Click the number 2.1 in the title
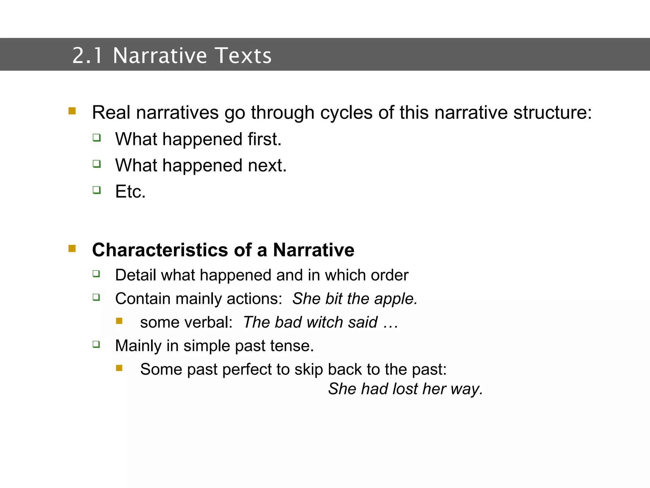click(x=87, y=56)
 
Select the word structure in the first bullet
click(x=552, y=113)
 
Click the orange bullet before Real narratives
click(x=72, y=111)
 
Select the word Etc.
click(x=130, y=192)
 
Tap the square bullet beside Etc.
click(x=97, y=190)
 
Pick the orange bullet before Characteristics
click(x=72, y=248)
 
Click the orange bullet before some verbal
click(x=119, y=321)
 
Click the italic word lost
click(x=405, y=389)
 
